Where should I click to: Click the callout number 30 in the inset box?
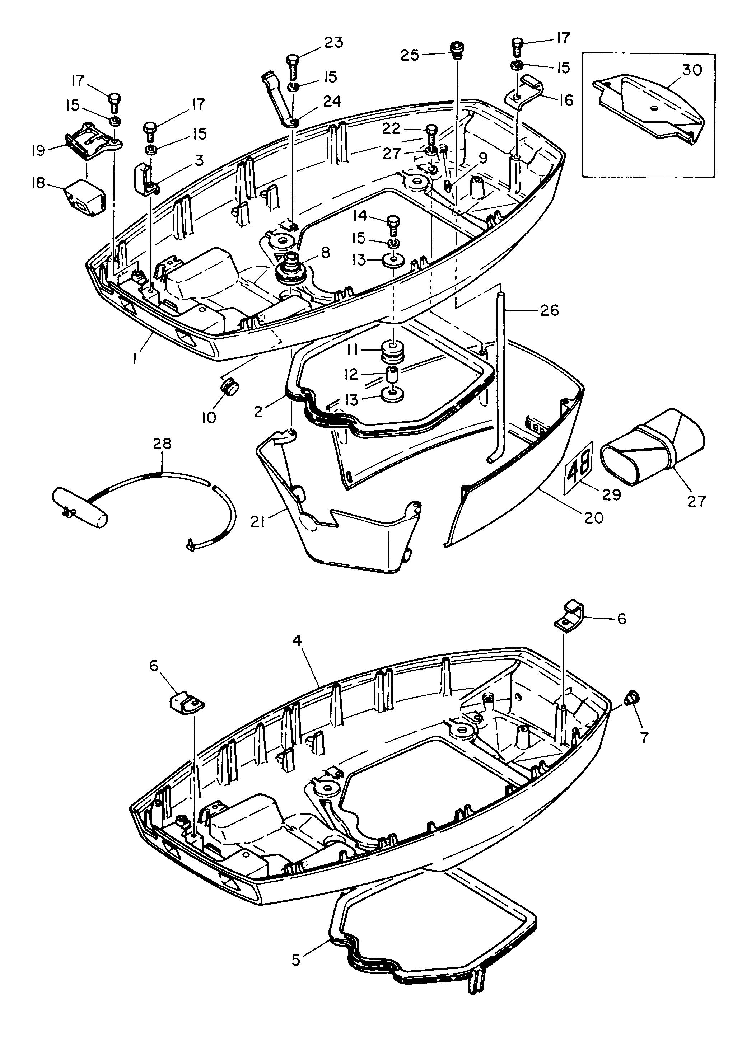[x=692, y=70]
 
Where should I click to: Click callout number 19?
[x=39, y=150]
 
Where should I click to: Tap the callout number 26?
[x=549, y=310]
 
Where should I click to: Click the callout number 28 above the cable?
[x=162, y=444]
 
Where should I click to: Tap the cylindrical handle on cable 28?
[x=80, y=507]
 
